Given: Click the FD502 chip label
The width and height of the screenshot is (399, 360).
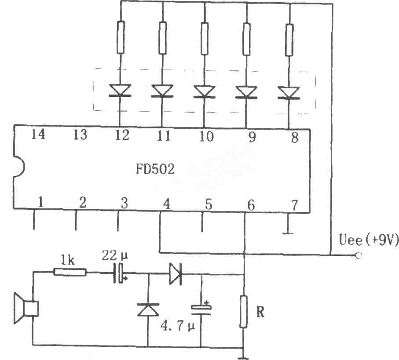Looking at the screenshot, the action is pyautogui.click(x=155, y=169).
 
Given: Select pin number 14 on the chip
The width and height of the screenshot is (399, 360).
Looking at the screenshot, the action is pyautogui.click(x=38, y=134).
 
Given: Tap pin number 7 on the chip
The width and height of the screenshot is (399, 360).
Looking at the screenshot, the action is pyautogui.click(x=294, y=205).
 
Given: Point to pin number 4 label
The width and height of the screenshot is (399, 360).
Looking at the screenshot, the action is pyautogui.click(x=166, y=204).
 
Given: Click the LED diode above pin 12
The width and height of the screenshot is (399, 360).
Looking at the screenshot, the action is pyautogui.click(x=120, y=91).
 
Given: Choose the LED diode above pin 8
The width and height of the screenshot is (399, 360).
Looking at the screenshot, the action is pyautogui.click(x=289, y=93).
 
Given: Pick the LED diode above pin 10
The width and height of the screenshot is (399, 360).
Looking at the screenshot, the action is pyautogui.click(x=204, y=91).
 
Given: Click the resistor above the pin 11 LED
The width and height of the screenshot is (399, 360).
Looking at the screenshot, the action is pyautogui.click(x=163, y=38).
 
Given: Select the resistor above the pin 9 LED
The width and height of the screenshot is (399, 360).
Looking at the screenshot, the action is pyautogui.click(x=246, y=39).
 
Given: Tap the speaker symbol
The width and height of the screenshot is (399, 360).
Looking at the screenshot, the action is pyautogui.click(x=26, y=308).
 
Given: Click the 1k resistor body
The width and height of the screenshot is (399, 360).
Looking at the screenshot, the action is pyautogui.click(x=70, y=272).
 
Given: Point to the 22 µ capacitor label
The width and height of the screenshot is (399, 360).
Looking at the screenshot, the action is pyautogui.click(x=115, y=255).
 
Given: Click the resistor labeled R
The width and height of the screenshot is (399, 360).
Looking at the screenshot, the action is pyautogui.click(x=244, y=312).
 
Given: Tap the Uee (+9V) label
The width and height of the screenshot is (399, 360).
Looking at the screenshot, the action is pyautogui.click(x=369, y=240).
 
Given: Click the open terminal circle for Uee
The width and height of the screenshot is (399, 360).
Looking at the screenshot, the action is pyautogui.click(x=359, y=255).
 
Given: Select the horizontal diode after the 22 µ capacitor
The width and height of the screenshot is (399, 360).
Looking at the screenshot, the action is pyautogui.click(x=176, y=273).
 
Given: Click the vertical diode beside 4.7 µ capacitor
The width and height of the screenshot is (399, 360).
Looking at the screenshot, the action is pyautogui.click(x=148, y=309).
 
